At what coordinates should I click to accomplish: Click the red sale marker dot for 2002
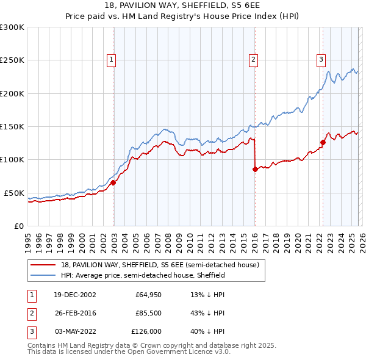[x=113, y=182]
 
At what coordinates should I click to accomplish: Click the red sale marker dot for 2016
[x=255, y=169]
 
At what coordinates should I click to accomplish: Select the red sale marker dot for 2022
[x=323, y=142]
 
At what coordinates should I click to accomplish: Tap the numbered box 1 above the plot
[x=112, y=59]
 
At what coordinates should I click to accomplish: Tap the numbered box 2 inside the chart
[x=253, y=59]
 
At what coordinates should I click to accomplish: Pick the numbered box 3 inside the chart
[x=321, y=59]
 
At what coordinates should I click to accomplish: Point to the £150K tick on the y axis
[x=12, y=126]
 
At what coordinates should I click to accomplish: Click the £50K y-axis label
[x=14, y=193]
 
